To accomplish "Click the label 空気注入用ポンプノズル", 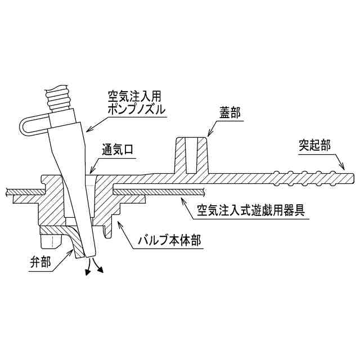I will (137, 102).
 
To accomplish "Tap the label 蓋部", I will (229, 113).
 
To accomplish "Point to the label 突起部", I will (314, 145).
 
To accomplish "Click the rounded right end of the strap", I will (354, 178).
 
